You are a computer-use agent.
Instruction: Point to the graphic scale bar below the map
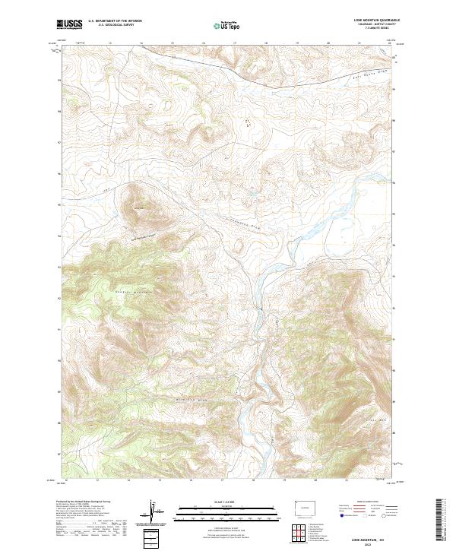click(x=228, y=513)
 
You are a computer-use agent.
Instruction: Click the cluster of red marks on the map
click(x=245, y=120)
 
